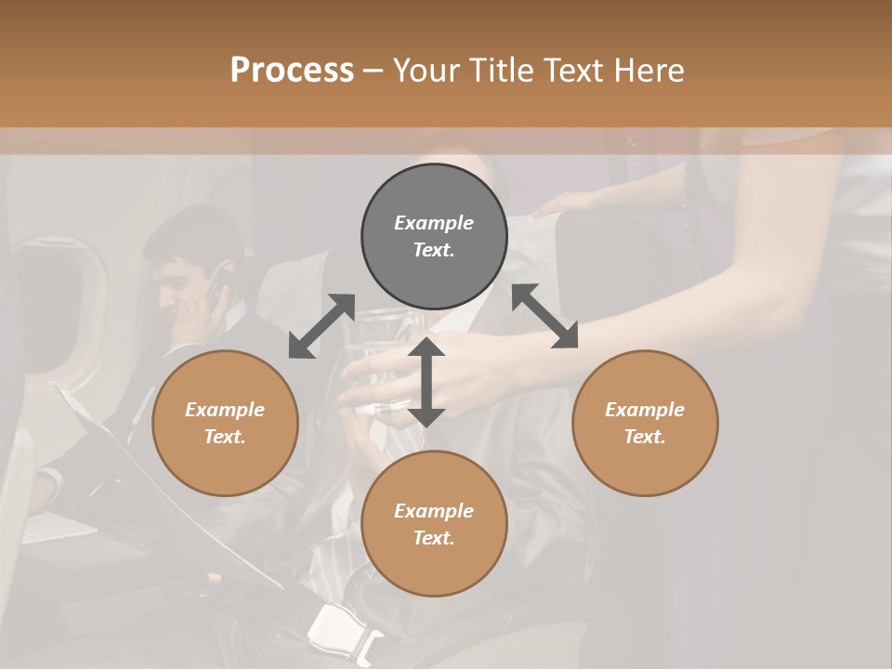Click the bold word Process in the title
[292, 71]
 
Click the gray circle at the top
[434, 236]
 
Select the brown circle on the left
[225, 423]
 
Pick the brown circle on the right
[645, 423]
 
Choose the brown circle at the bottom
[434, 524]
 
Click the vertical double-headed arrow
[426, 382]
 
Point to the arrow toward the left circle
[321, 326]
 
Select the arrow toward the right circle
[545, 316]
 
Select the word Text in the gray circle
[434, 250]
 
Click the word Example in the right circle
[645, 410]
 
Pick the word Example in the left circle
[225, 410]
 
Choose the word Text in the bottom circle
[434, 538]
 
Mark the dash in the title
[373, 71]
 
